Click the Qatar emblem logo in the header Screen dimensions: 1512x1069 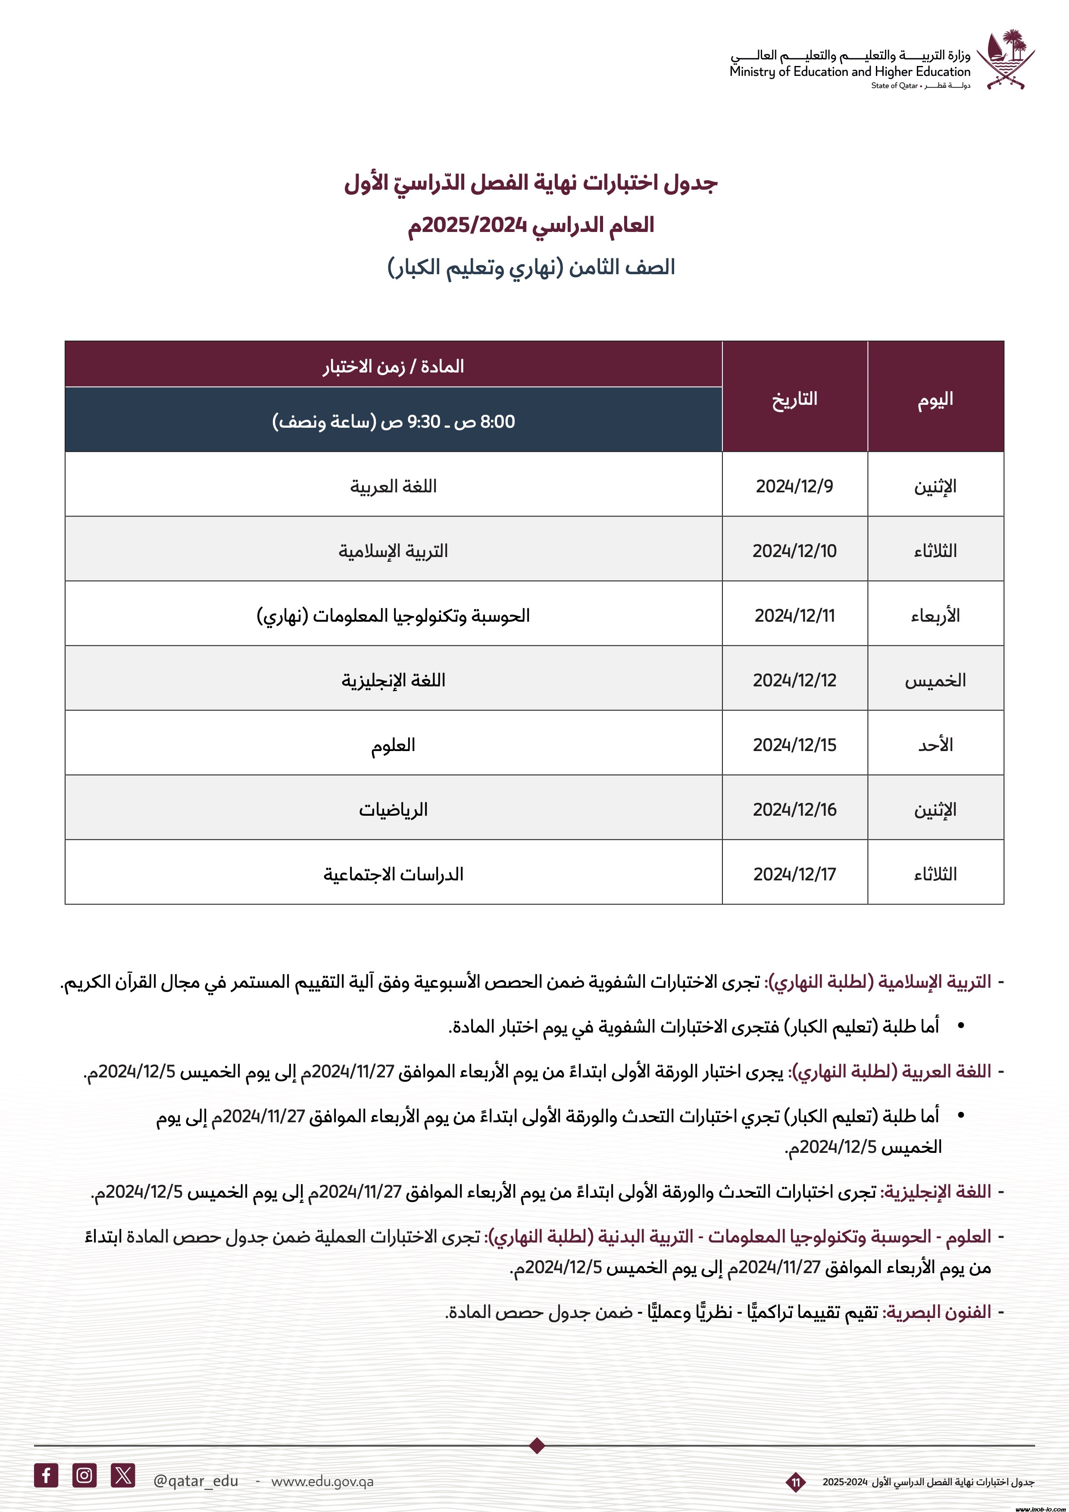1005,59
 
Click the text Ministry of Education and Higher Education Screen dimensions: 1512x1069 850,72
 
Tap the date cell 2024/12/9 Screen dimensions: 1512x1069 794,486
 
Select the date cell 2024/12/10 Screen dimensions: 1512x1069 794,551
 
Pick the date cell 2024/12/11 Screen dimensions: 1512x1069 794,615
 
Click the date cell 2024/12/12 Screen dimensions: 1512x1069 794,679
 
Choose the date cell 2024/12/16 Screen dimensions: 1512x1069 794,809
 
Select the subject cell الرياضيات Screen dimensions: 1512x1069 393,809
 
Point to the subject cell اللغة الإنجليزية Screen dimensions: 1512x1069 393,679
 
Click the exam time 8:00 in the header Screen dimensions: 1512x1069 497,422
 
